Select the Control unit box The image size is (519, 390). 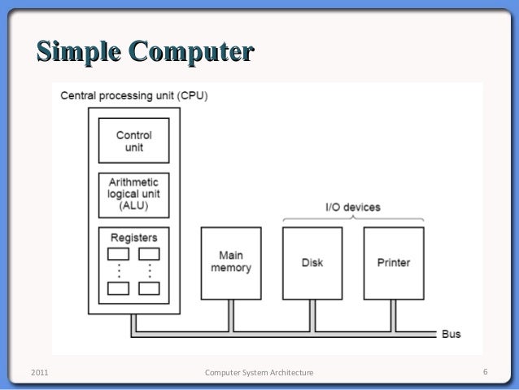pyautogui.click(x=133, y=140)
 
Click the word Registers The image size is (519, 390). pyautogui.click(x=133, y=237)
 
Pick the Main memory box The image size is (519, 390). pyautogui.click(x=232, y=262)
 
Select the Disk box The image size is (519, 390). pyautogui.click(x=312, y=262)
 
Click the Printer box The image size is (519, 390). pyautogui.click(x=394, y=262)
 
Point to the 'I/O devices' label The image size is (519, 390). pyautogui.click(x=353, y=208)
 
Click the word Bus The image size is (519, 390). pyautogui.click(x=451, y=334)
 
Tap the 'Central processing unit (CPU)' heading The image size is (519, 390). pyautogui.click(x=135, y=96)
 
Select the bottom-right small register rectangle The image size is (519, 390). pyautogui.click(x=149, y=288)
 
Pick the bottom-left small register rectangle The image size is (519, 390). pyautogui.click(x=118, y=288)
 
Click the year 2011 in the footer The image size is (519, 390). pyautogui.click(x=38, y=373)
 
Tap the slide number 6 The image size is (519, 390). pyautogui.click(x=485, y=373)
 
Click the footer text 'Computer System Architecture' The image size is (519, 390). pyautogui.click(x=259, y=373)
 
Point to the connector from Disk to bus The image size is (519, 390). pyautogui.click(x=312, y=315)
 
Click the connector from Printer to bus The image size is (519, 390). pyautogui.click(x=394, y=315)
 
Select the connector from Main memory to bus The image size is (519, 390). pyautogui.click(x=232, y=315)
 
